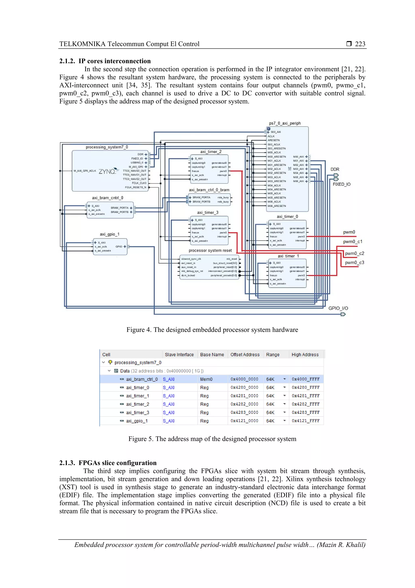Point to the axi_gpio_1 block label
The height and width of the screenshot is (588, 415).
[109, 234]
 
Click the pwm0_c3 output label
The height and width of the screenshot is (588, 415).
[354, 262]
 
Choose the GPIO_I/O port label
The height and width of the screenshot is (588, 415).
[338, 308]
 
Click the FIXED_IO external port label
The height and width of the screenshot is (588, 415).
[341, 184]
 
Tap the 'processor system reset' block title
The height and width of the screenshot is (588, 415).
[210, 250]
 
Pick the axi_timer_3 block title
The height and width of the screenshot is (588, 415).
[208, 213]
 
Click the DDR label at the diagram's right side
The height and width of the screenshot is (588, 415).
[335, 169]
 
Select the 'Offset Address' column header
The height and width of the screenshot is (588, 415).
[245, 354]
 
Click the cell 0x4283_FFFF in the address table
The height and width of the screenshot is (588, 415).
[306, 412]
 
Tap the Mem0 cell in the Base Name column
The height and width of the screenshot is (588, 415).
[206, 379]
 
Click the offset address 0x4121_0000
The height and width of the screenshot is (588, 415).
[244, 421]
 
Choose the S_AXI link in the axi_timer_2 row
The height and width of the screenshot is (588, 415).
[169, 404]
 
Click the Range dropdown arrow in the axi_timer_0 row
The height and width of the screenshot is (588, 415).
[284, 387]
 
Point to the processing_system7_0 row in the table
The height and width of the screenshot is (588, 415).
[138, 362]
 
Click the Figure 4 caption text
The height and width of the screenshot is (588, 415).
[212, 330]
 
